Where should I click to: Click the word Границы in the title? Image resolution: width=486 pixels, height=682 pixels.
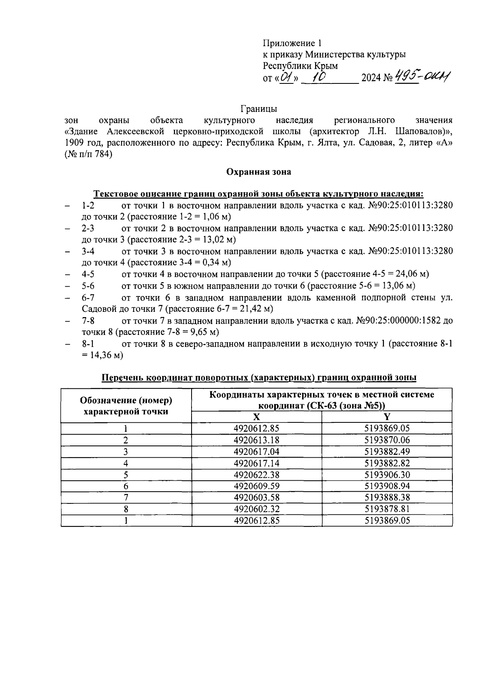pos(259,109)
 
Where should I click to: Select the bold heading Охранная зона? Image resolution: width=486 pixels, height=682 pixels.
pos(258,172)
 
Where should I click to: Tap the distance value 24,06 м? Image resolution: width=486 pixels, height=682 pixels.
pos(406,274)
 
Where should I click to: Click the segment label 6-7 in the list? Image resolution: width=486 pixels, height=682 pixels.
pos(88,298)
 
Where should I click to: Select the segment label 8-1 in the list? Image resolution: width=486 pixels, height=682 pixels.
pos(88,344)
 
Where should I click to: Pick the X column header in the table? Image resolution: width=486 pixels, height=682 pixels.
pos(256,417)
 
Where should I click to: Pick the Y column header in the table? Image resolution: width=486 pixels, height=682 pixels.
pos(387,417)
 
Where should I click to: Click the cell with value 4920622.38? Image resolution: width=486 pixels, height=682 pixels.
pos(256,475)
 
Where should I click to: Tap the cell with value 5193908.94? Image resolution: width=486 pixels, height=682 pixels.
pos(387,486)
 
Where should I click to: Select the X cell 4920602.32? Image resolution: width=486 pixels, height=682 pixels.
pos(256,509)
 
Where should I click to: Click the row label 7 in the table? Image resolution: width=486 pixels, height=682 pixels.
pos(126,498)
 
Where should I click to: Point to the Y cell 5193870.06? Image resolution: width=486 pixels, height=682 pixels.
pos(387,440)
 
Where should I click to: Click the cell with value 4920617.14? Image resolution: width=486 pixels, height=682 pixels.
pos(256,463)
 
